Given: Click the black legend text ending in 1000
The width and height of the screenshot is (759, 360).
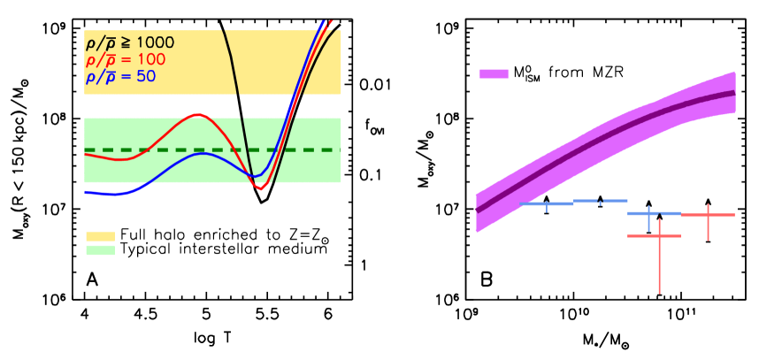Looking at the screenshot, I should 129,42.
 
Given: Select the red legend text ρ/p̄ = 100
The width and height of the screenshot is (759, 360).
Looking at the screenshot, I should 125,59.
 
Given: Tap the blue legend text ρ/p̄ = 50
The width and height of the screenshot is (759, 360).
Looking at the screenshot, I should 120,76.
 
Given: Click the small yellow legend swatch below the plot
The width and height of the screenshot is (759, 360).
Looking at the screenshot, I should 100,236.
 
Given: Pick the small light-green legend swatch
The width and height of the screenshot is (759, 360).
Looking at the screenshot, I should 100,250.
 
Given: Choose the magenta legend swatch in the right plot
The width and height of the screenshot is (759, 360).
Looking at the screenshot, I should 494,73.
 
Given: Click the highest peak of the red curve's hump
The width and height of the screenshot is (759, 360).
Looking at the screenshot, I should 198,114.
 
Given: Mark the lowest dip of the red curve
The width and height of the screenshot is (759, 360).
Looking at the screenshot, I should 259,188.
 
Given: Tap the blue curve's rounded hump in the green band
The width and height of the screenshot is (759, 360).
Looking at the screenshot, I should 203,154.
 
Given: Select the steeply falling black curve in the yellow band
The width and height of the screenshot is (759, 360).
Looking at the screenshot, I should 234,71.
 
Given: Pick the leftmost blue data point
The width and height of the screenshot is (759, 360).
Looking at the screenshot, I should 547,204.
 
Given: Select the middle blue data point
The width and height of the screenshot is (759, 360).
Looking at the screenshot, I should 600,202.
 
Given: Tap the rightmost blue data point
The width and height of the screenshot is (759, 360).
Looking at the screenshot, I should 649,213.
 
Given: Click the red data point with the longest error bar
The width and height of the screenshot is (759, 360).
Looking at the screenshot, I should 659,236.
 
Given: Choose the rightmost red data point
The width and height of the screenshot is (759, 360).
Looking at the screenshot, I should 708,215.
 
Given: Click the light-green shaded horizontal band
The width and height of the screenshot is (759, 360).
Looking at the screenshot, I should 142,168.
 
